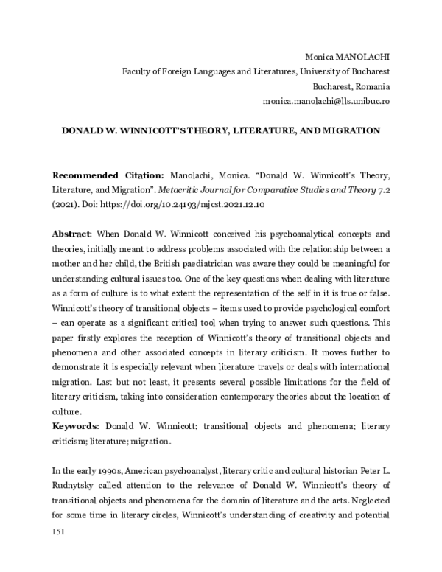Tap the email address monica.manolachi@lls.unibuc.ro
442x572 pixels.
326,100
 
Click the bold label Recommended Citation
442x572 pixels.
108,175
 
